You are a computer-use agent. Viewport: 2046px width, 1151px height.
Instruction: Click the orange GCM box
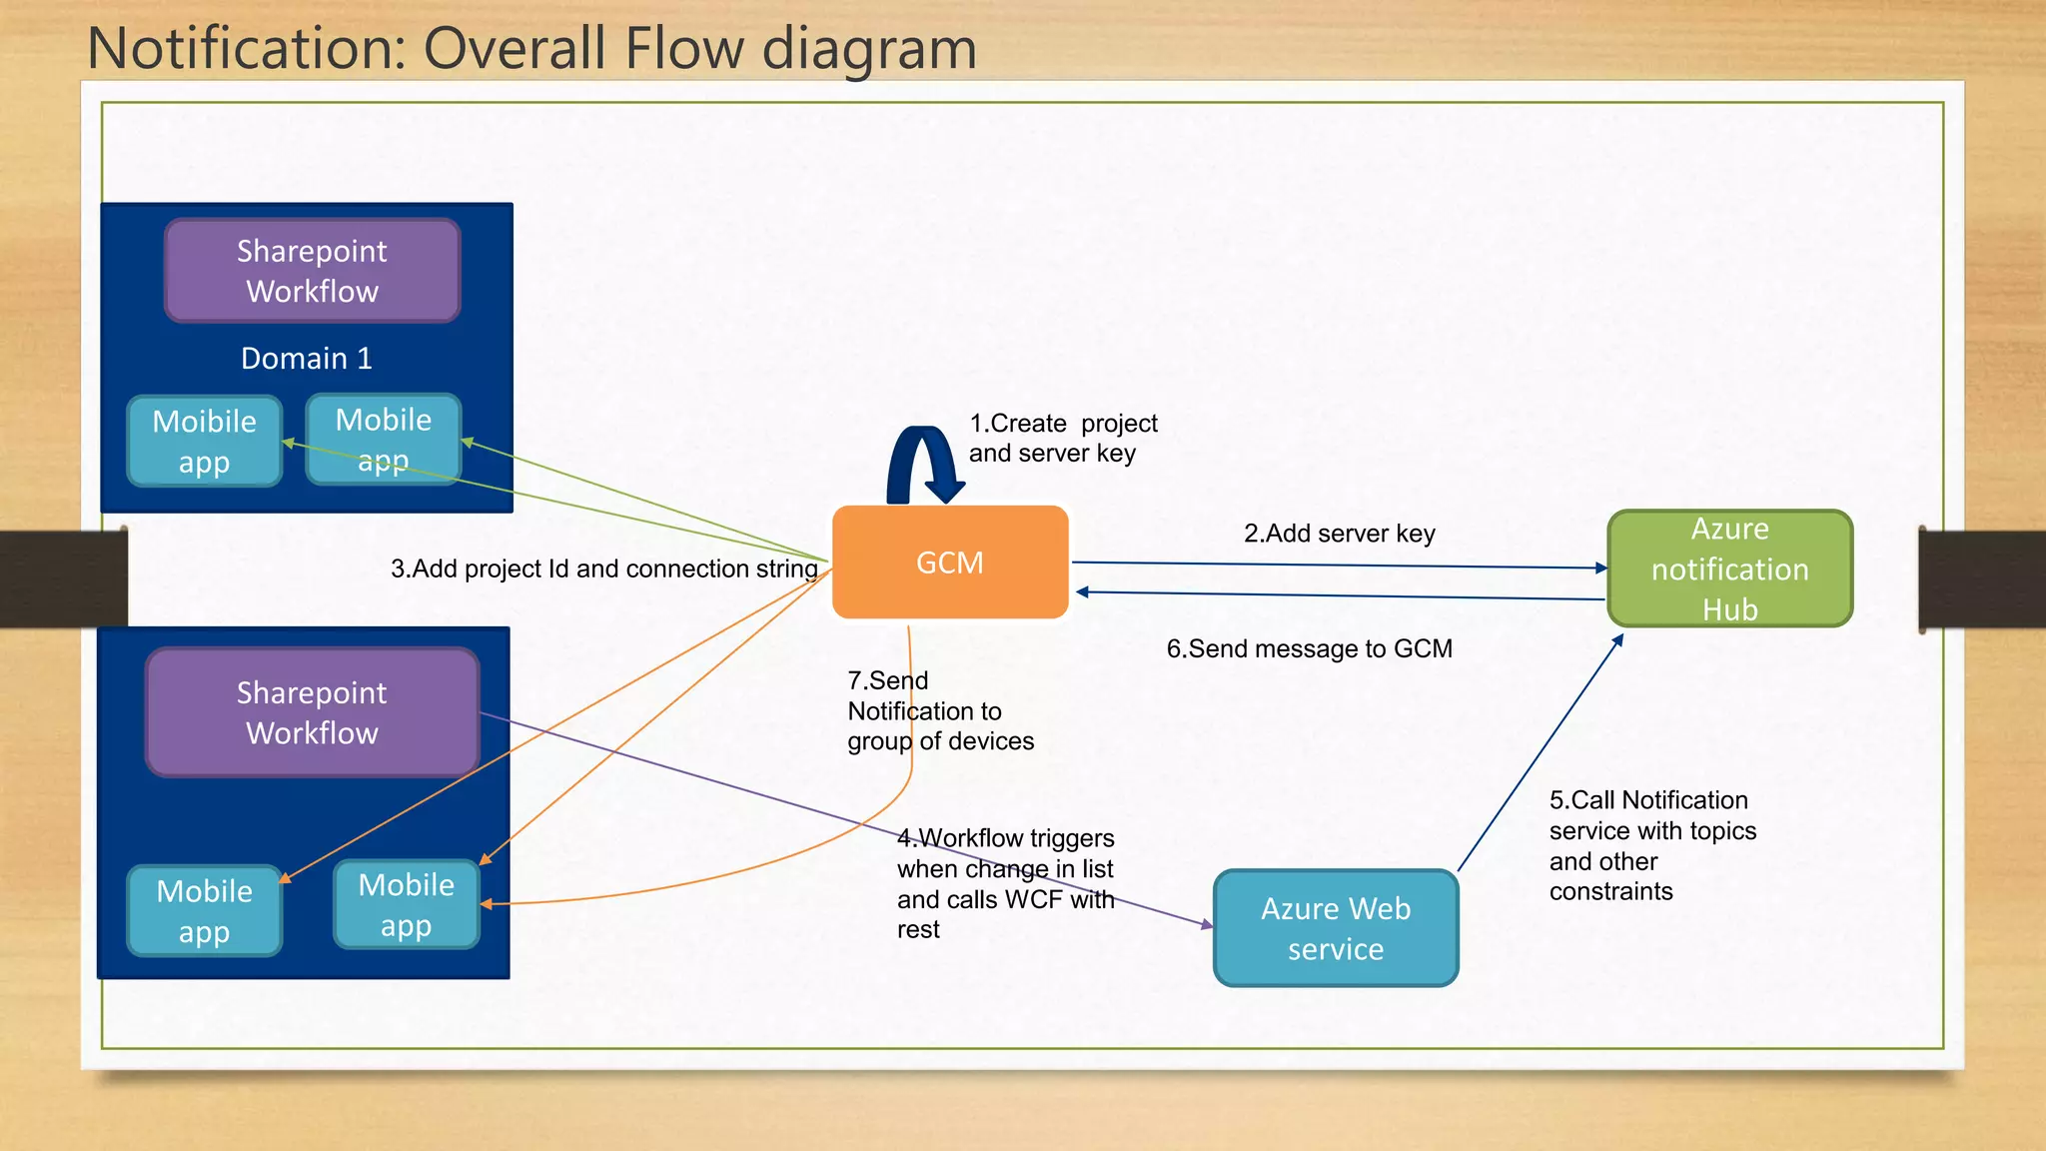pyautogui.click(x=950, y=562)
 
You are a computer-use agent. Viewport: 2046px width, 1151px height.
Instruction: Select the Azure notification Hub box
pyautogui.click(x=1729, y=569)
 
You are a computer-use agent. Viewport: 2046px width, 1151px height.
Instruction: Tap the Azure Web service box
pyautogui.click(x=1336, y=928)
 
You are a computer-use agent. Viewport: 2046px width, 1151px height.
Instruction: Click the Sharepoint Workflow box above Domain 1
pyautogui.click(x=312, y=271)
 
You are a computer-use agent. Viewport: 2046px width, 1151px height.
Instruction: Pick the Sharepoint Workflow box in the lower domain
pyautogui.click(x=312, y=712)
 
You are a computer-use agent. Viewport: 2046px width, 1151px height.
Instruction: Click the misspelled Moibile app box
pyautogui.click(x=204, y=441)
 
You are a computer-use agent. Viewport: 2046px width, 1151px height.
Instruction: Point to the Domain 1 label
pyautogui.click(x=307, y=358)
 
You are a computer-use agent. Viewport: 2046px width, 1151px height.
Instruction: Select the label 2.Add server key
pyautogui.click(x=1339, y=534)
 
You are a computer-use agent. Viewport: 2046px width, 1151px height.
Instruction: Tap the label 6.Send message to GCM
pyautogui.click(x=1309, y=648)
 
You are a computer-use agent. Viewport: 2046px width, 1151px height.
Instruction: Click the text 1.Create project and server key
pyautogui.click(x=1062, y=438)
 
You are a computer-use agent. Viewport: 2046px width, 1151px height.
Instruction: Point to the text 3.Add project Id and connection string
pyautogui.click(x=603, y=569)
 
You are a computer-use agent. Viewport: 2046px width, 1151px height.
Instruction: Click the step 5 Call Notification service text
pyautogui.click(x=1651, y=845)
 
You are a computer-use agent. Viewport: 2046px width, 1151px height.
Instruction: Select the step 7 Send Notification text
pyautogui.click(x=939, y=710)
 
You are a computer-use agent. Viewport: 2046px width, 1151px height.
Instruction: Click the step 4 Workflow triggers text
pyautogui.click(x=1005, y=883)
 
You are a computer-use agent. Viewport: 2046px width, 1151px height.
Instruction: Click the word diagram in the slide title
pyautogui.click(x=868, y=48)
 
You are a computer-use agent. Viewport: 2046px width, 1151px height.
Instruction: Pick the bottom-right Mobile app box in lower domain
pyautogui.click(x=406, y=905)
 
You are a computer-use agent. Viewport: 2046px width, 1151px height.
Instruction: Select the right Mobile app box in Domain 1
pyautogui.click(x=384, y=439)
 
